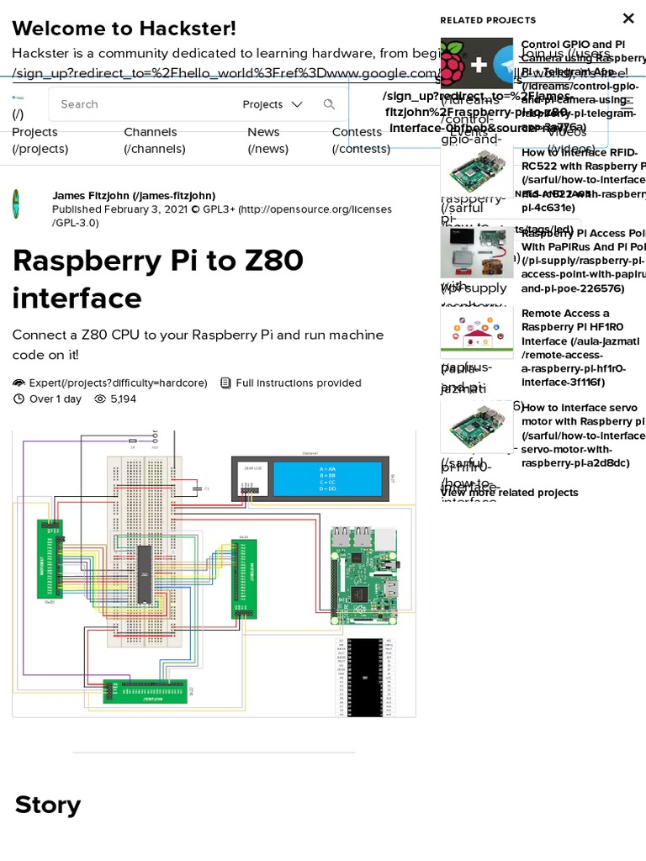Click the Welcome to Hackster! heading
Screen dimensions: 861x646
(124, 29)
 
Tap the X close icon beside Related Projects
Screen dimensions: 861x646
(627, 18)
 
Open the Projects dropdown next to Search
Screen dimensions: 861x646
(272, 104)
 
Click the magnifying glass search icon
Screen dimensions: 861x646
(329, 104)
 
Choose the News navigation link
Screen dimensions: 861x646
(263, 132)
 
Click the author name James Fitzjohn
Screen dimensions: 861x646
(133, 195)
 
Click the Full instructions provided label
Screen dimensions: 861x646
(298, 383)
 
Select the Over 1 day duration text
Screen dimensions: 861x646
(56, 399)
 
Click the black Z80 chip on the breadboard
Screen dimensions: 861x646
(144, 574)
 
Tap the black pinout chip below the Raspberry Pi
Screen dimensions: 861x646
(364, 677)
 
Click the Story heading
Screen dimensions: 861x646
(48, 805)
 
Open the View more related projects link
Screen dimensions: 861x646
(509, 493)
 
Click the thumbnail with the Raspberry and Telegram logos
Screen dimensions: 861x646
(476, 63)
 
